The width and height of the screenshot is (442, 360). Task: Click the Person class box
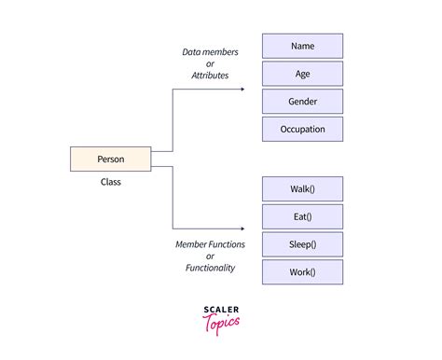(110, 159)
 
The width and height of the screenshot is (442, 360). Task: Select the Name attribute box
(302, 46)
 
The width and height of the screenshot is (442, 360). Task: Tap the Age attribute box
(302, 74)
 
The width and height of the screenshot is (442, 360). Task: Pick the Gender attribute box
(302, 101)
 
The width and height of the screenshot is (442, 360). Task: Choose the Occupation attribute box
(302, 129)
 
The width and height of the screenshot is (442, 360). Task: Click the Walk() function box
(302, 189)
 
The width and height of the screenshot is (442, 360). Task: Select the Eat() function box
(302, 217)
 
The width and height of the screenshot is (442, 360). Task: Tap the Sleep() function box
(302, 244)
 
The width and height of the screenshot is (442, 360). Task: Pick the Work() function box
(302, 272)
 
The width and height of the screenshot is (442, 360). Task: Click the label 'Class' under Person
(110, 182)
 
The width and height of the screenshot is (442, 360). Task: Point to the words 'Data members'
(210, 52)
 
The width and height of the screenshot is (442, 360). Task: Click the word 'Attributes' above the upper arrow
(210, 76)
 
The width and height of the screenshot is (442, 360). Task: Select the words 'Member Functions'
(210, 244)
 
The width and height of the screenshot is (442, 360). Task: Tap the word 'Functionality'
(210, 268)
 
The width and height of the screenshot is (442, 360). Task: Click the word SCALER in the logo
(221, 311)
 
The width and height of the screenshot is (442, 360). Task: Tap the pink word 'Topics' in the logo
(221, 323)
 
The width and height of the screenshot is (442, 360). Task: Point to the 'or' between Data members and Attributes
(210, 64)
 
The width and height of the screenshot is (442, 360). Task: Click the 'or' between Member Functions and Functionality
(210, 256)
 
